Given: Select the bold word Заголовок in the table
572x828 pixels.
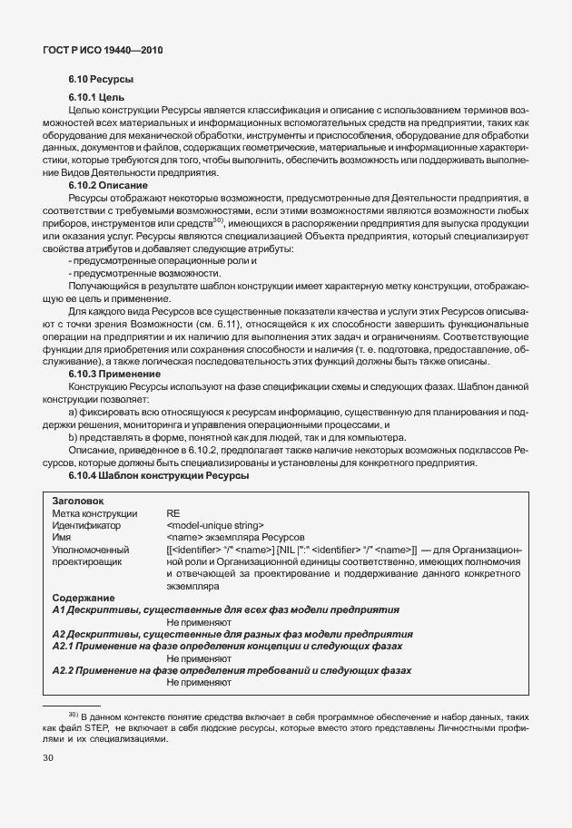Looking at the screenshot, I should click(x=78, y=500).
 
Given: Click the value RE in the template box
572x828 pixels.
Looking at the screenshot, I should click(x=173, y=512).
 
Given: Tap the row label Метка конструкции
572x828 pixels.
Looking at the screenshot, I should click(x=95, y=512).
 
